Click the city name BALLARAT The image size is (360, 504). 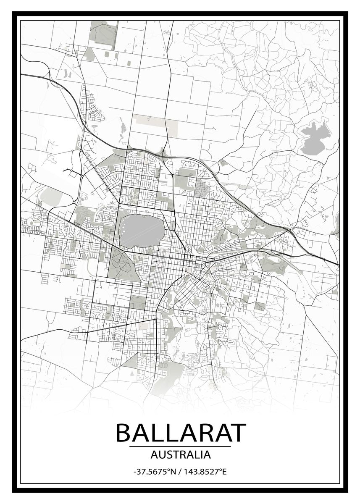click(180, 432)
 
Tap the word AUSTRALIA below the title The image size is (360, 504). click(180, 454)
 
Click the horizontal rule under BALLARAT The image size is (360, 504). click(180, 446)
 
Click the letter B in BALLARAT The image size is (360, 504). click(124, 432)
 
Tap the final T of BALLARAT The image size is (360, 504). click(236, 432)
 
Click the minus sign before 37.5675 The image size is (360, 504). click(135, 472)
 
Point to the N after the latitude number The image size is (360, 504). click(172, 472)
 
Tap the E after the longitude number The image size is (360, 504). click(224, 472)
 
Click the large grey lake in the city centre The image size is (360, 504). click(142, 230)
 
